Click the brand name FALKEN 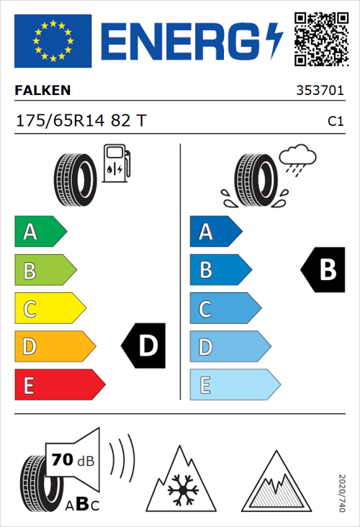tap(43, 91)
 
